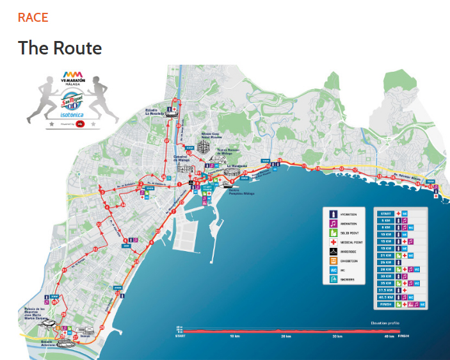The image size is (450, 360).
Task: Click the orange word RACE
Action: (33, 17)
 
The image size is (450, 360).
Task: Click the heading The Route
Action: (60, 48)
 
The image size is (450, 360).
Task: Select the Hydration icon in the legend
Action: (333, 213)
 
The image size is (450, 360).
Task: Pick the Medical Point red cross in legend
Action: (333, 242)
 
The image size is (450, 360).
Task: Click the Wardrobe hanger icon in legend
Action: (333, 252)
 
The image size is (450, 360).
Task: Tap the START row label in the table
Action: (386, 213)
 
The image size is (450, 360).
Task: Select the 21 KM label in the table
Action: (386, 255)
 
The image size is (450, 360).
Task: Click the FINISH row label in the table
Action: (386, 304)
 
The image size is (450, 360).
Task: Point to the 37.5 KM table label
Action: (386, 290)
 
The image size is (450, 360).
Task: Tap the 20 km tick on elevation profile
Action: (282, 336)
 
